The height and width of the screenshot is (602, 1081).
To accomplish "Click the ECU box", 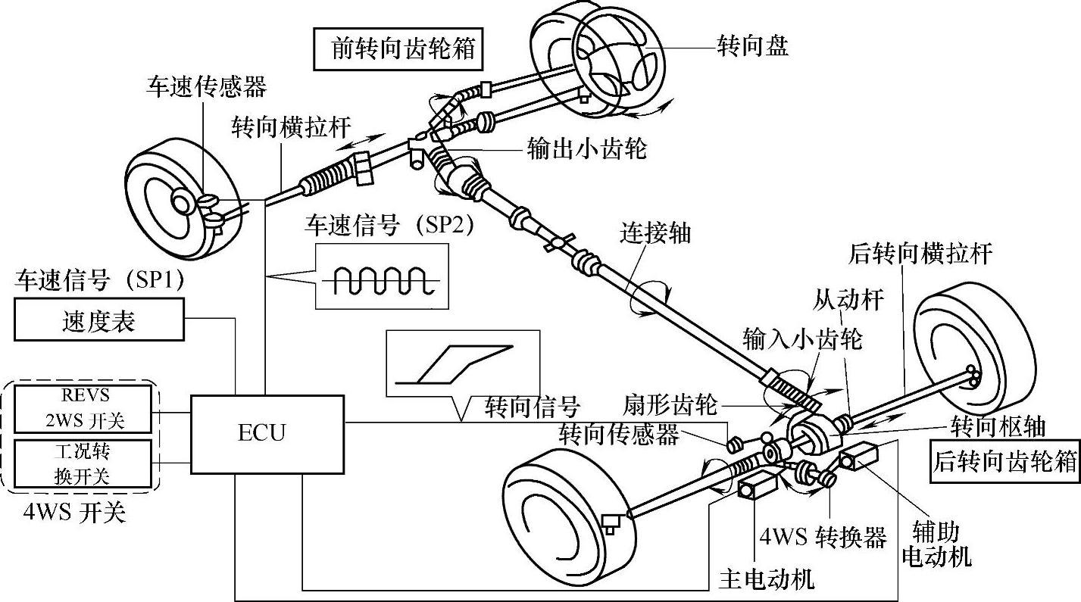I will (262, 432).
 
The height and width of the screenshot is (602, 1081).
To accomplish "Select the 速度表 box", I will (98, 321).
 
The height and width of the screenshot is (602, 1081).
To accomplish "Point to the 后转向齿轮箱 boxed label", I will (1004, 461).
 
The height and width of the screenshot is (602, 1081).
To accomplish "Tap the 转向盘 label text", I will (753, 46).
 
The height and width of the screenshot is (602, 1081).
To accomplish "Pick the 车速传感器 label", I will (207, 86).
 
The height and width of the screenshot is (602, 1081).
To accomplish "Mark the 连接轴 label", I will (655, 232).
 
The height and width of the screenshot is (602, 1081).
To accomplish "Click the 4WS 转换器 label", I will (823, 537).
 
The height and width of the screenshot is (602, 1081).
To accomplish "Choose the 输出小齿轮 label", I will (587, 149).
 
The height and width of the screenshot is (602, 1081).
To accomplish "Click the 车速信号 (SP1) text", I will (99, 279).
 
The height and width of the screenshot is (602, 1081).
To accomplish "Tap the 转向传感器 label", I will (619, 435).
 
